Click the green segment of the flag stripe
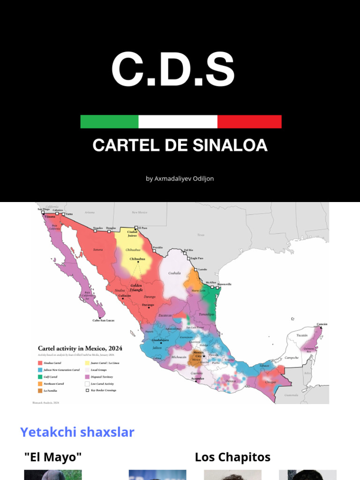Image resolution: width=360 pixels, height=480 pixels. [x=109, y=121]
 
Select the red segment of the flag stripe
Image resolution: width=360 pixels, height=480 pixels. [x=249, y=121]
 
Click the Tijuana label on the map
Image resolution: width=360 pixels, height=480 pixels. [x=49, y=217]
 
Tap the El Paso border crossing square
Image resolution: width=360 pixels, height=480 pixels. [x=136, y=227]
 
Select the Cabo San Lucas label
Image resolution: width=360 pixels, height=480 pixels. [x=103, y=321]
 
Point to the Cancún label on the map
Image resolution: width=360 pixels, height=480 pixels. [x=322, y=324]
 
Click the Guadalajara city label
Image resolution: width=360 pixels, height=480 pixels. [x=159, y=340]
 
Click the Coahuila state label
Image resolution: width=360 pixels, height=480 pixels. [x=174, y=273]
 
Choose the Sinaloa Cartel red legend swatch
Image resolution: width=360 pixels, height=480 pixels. [x=40, y=363]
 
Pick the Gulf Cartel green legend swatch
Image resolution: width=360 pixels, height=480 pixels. [x=40, y=377]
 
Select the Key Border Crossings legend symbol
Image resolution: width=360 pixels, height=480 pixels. [x=87, y=390]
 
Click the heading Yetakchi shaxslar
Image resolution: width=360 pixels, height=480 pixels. [x=77, y=432]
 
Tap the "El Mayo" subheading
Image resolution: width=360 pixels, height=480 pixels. [x=52, y=457]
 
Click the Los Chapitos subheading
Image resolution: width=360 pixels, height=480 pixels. [x=232, y=457]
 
